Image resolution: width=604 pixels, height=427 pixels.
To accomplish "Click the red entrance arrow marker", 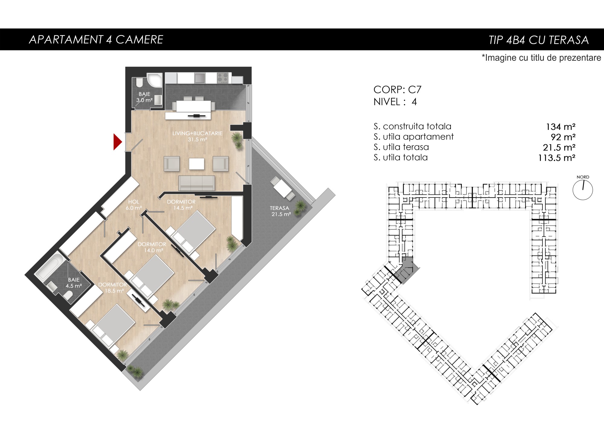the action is coord(117,142).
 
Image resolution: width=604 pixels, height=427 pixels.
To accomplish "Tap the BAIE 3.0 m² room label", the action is coord(144,97).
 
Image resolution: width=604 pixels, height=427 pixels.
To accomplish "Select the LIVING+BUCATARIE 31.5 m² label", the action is coord(198,136).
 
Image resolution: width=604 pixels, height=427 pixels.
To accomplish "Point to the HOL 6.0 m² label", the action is coord(134,205).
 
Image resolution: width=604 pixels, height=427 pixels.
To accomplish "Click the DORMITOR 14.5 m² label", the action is coord(181,205).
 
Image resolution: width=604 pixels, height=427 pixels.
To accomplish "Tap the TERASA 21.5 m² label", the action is coord(280,211).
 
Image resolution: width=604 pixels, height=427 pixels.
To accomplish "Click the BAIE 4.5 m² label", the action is coord(74,283).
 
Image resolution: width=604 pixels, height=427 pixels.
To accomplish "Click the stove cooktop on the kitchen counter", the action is coord(223,78).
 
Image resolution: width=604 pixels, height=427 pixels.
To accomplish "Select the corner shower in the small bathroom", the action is coord(154,80).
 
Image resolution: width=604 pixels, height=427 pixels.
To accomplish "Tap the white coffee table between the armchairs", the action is coord(197,164).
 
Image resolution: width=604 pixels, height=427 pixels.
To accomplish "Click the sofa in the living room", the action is coord(197,183).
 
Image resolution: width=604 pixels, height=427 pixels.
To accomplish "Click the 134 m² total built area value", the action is coord(561,127).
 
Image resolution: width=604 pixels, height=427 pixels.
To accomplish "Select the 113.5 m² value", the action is coord(557,158).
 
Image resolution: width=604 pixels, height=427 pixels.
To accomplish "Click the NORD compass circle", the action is coord(583,190).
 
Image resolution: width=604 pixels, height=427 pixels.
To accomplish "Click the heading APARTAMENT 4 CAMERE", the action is coord(96,40).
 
